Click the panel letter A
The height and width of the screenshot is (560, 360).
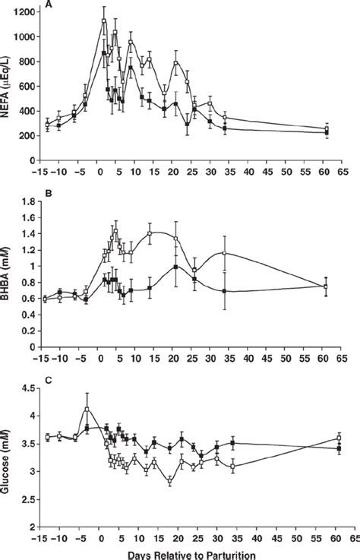48,4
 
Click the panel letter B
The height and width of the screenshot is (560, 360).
48,195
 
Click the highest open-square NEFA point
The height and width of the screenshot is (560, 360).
104,21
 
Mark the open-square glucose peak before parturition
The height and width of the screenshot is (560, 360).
87,410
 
